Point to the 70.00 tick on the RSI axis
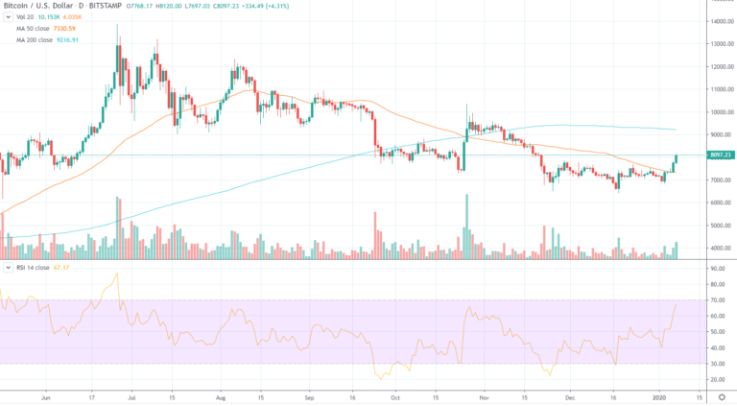click(x=715, y=300)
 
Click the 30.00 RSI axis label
click(x=715, y=363)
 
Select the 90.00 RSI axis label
click(x=715, y=270)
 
